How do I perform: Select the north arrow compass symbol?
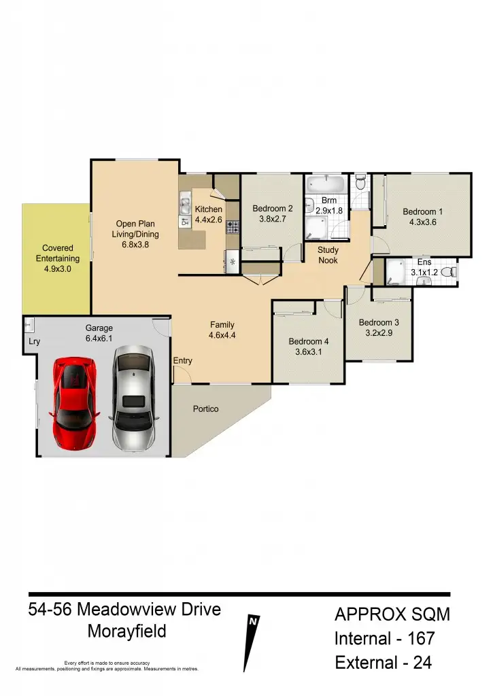pyautogui.click(x=252, y=642)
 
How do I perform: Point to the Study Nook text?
pyautogui.click(x=328, y=255)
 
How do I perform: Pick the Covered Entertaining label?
pyautogui.click(x=57, y=254)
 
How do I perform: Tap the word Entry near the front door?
pyautogui.click(x=183, y=361)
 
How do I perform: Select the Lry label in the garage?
pyautogui.click(x=32, y=343)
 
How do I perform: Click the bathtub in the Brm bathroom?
pyautogui.click(x=328, y=184)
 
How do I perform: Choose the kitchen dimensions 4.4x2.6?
pyautogui.click(x=209, y=220)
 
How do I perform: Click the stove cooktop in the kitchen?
pyautogui.click(x=233, y=226)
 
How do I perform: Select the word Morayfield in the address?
pyautogui.click(x=126, y=631)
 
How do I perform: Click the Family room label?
pyautogui.click(x=222, y=325)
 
